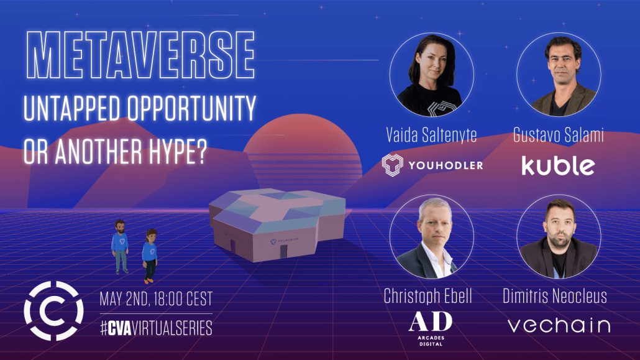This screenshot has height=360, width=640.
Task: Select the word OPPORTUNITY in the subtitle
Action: coord(191,108)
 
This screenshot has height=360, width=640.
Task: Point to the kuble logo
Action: coord(558,165)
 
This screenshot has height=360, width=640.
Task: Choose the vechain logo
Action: coord(559,325)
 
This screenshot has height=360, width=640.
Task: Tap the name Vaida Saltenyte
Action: coord(431,135)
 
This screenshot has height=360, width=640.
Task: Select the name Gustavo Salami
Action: coord(558,135)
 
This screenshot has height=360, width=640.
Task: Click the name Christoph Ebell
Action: coord(427,296)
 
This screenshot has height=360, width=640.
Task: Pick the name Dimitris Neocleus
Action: coord(555,296)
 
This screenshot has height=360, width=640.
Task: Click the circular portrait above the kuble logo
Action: coord(559,75)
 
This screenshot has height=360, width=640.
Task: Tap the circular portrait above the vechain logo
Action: coord(559,237)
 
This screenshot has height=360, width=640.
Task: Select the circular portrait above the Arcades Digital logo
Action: coord(431,237)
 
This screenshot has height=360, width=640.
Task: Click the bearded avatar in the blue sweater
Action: coord(120,247)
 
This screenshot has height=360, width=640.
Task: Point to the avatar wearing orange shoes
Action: coord(150,256)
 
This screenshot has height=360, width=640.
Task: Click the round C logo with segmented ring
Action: coord(53,311)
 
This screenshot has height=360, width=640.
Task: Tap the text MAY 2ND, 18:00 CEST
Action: coord(157,299)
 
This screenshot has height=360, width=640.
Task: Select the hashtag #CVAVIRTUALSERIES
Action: coord(157,328)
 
